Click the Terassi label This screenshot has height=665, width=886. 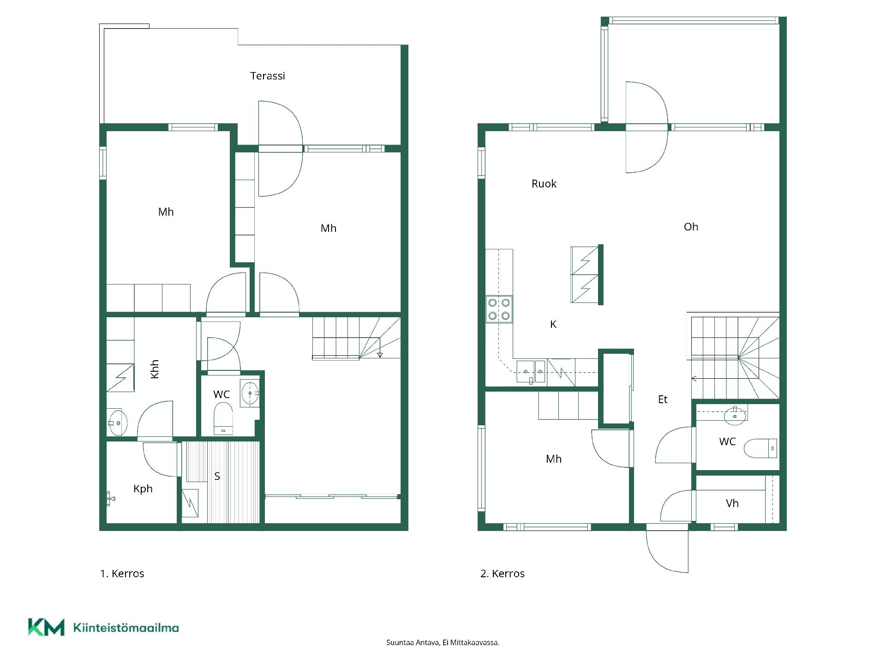tap(268, 76)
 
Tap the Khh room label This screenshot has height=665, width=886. tap(155, 369)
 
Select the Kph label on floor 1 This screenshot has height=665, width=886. tap(143, 489)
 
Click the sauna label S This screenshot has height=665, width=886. tap(217, 476)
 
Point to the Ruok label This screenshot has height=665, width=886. tap(544, 184)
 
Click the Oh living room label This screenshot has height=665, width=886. tap(691, 227)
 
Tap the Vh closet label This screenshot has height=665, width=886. tap(732, 503)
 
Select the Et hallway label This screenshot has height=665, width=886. tap(663, 399)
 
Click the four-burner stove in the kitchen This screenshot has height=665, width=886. tap(499, 309)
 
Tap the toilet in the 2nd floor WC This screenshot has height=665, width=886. tap(760, 448)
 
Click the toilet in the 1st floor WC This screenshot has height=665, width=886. tap(223, 418)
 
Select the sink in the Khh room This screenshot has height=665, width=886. tap(117, 422)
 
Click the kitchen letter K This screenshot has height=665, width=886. tap(553, 325)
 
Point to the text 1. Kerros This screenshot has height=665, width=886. tap(122, 574)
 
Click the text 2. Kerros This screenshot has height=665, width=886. tap(503, 574)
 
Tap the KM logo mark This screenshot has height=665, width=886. tap(46, 627)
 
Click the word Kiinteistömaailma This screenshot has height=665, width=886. tap(126, 628)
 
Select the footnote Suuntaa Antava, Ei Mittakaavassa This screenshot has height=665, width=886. tap(443, 642)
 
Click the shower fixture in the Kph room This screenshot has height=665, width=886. tap(110, 498)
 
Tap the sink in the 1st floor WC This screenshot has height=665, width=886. tap(250, 393)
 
